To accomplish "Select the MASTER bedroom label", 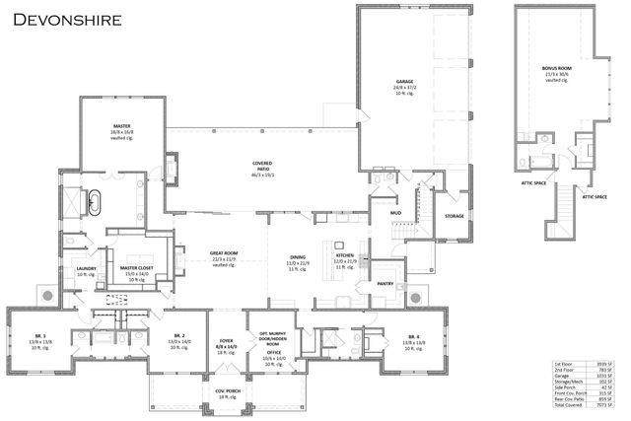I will [x=122, y=125].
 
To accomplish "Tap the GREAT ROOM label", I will [x=223, y=253].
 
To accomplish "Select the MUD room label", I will [x=394, y=211].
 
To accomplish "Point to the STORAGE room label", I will [x=454, y=216].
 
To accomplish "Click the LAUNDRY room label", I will [x=86, y=267].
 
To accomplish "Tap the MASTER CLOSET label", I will [x=136, y=267].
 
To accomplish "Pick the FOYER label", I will [x=225, y=342].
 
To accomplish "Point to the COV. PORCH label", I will [x=228, y=390].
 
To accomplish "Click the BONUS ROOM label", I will [x=557, y=69].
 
